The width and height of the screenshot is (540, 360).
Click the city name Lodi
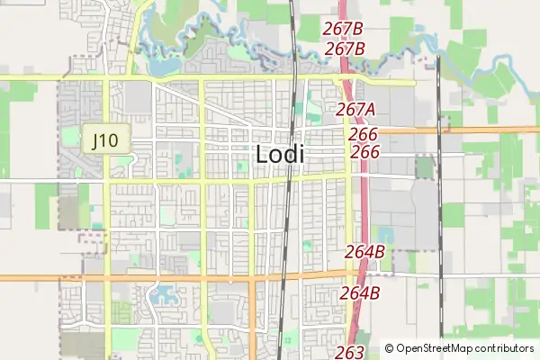tap(280, 154)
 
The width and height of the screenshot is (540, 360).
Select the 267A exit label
tap(355, 110)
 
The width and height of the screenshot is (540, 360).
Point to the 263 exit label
tap(349, 352)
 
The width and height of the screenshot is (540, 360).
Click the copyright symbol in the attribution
tap(390, 348)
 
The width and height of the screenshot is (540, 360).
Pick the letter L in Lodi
tap(262, 154)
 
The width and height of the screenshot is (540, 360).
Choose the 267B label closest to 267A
tap(345, 49)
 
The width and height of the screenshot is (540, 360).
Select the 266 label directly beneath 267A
tap(363, 133)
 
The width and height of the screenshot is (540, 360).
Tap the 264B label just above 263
tap(360, 292)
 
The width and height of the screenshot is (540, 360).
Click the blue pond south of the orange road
tap(165, 292)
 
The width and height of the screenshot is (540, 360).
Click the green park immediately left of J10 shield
tap(69, 137)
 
